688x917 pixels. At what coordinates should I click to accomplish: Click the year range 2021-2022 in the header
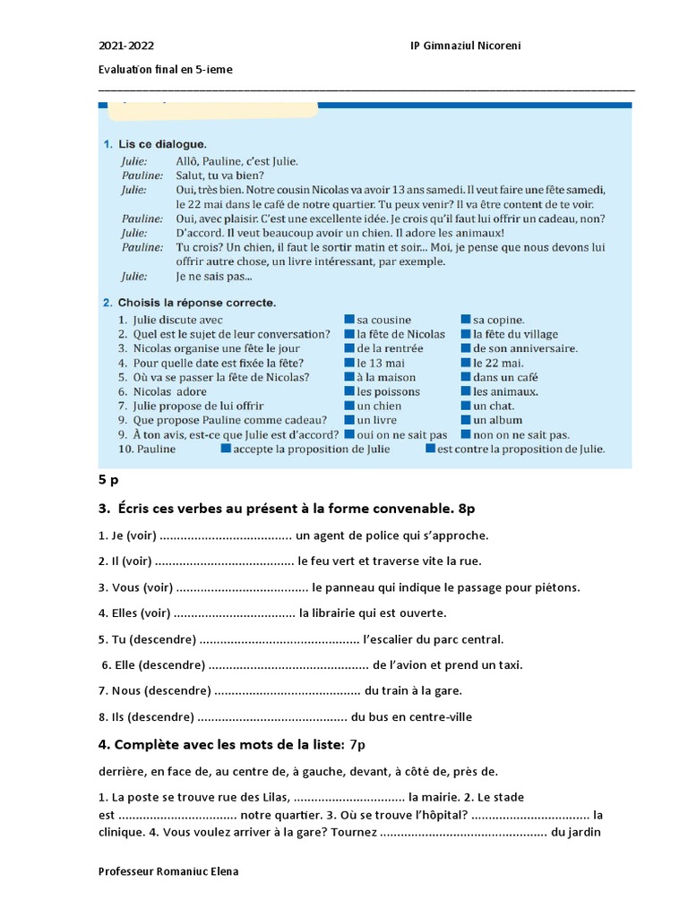(119, 45)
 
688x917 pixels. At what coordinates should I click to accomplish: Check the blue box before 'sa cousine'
(348, 320)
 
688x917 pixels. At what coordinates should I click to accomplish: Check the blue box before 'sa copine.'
(466, 320)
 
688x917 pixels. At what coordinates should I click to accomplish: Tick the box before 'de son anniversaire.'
(466, 348)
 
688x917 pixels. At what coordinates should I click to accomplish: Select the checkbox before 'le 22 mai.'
(466, 363)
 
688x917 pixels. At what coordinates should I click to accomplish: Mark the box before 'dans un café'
(466, 377)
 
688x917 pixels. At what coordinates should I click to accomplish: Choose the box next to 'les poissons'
(348, 391)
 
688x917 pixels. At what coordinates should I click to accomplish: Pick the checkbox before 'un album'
(466, 420)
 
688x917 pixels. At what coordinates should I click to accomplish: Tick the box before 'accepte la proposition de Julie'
(226, 449)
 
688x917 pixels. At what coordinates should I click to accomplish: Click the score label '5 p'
(108, 480)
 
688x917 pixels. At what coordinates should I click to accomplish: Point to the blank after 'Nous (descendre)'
(287, 690)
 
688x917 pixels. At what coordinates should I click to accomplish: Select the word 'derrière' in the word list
(121, 771)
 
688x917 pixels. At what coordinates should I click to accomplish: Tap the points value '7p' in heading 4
(357, 744)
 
